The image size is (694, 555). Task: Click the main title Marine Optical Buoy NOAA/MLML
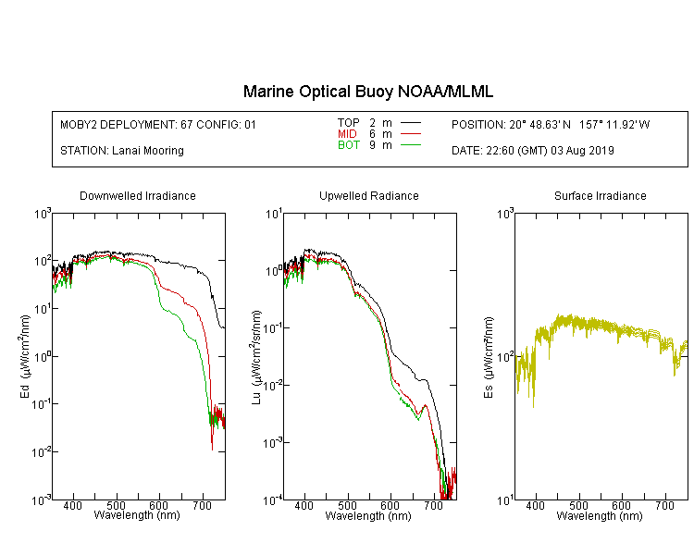pyautogui.click(x=367, y=92)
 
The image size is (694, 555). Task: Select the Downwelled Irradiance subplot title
pyautogui.click(x=138, y=195)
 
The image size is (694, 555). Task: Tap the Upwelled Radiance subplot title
pyautogui.click(x=369, y=195)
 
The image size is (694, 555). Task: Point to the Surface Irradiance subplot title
pyautogui.click(x=601, y=195)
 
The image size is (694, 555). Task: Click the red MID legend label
pyautogui.click(x=347, y=133)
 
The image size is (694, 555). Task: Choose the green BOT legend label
pyautogui.click(x=349, y=145)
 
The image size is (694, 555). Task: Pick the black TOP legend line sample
pyautogui.click(x=411, y=122)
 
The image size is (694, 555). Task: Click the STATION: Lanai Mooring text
pyautogui.click(x=122, y=151)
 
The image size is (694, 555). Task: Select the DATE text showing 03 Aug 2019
pyautogui.click(x=533, y=151)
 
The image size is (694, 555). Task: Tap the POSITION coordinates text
pyautogui.click(x=551, y=124)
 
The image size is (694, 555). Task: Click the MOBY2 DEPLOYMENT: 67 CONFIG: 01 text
pyautogui.click(x=158, y=124)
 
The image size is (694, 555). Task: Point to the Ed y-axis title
pyautogui.click(x=25, y=356)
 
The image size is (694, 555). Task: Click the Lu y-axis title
pyautogui.click(x=256, y=357)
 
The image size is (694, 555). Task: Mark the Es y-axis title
pyautogui.click(x=489, y=357)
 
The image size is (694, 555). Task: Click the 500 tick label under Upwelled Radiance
pyautogui.click(x=347, y=505)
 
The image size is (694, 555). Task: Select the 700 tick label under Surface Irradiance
pyautogui.click(x=664, y=505)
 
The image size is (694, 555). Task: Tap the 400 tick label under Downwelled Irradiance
pyautogui.click(x=73, y=505)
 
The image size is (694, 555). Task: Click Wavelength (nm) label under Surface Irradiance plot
pyautogui.click(x=600, y=516)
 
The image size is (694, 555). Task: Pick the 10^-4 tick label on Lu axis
pyautogui.click(x=272, y=500)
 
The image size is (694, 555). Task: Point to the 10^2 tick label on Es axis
pyautogui.click(x=505, y=356)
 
